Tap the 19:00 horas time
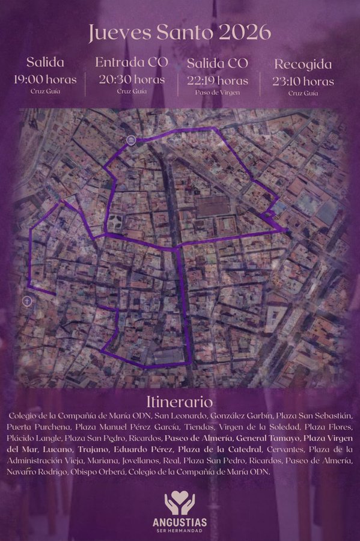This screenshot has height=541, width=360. (x=45, y=80)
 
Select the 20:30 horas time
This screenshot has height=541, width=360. (x=132, y=79)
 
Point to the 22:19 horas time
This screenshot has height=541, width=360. (x=218, y=80)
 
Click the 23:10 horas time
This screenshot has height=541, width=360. (x=304, y=81)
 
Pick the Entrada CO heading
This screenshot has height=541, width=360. (x=132, y=63)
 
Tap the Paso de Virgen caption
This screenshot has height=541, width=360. (x=218, y=93)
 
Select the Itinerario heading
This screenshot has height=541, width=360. (x=180, y=402)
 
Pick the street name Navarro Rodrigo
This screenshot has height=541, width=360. (x=36, y=472)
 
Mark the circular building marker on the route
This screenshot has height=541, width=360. (x=130, y=141)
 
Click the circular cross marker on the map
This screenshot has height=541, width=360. (x=27, y=300)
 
